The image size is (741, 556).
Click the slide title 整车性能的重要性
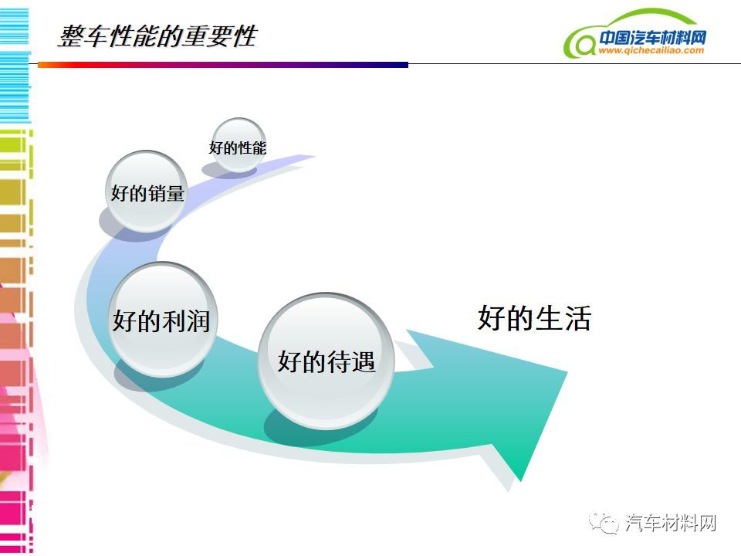157,36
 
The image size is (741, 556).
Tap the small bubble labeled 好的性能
239,144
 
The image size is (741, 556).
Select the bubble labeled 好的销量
147,191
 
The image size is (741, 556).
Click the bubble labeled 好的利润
162,320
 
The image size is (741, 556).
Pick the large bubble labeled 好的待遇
326,361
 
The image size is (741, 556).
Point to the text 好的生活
534,317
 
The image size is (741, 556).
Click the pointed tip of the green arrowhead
520,480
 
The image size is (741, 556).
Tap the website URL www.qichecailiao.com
651,50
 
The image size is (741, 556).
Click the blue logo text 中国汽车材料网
653,37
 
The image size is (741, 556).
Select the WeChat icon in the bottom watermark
603,523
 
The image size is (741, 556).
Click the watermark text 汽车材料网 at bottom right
671,523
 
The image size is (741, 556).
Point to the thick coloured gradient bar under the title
223,65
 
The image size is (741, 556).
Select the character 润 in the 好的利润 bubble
198,321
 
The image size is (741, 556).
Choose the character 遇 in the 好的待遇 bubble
363,362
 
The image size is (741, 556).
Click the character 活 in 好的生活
578,318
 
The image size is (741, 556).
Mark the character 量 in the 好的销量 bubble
175,193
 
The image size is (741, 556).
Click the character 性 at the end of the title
245,36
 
